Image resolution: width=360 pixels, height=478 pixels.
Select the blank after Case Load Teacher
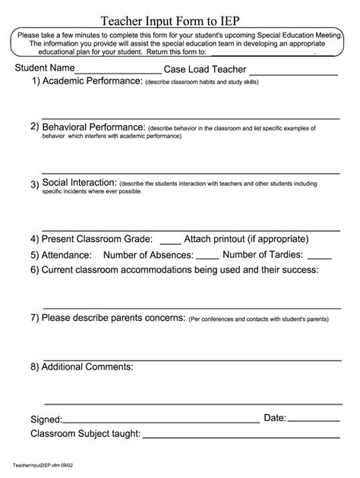pos(292,74)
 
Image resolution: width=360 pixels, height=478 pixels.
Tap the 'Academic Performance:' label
pos(92,81)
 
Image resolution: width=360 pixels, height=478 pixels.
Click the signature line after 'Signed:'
pos(161,420)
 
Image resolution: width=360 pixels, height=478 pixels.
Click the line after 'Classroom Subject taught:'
pos(241,437)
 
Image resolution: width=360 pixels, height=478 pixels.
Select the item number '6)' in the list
pos(35,269)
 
